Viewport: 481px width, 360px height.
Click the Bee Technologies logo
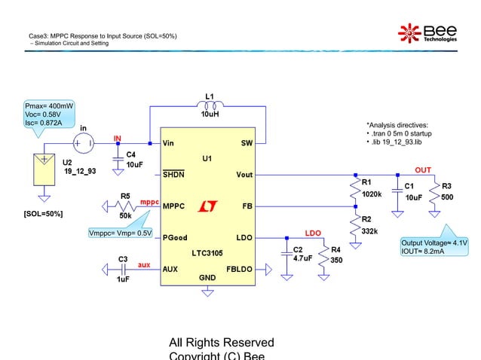click(x=427, y=32)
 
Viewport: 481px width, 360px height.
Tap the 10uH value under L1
click(x=210, y=115)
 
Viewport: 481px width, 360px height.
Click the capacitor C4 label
click(x=131, y=154)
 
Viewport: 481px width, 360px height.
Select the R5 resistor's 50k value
click(x=126, y=215)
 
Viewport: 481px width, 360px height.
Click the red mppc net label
click(x=149, y=202)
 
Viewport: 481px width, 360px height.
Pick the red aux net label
click(x=143, y=266)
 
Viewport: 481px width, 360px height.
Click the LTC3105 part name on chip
click(x=207, y=253)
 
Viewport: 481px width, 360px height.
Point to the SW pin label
click(x=247, y=142)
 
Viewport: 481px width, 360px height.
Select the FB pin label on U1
click(x=247, y=206)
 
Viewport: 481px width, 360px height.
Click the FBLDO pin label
click(x=240, y=268)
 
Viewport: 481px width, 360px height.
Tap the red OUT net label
click(x=423, y=170)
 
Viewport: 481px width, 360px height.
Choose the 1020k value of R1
click(x=371, y=194)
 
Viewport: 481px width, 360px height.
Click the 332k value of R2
click(x=370, y=230)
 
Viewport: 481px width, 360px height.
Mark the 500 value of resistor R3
click(x=447, y=197)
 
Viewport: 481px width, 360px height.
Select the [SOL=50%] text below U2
click(x=44, y=214)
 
